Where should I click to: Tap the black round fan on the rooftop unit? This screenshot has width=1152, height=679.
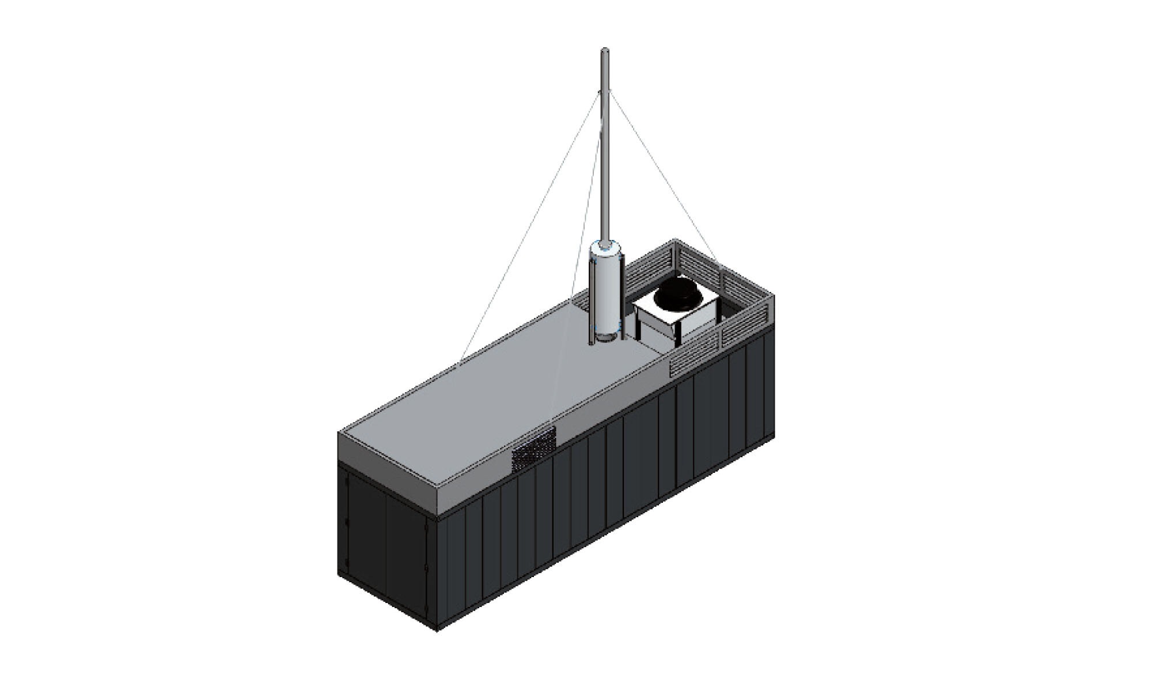click(680, 294)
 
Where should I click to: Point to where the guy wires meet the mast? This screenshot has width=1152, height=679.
click(605, 92)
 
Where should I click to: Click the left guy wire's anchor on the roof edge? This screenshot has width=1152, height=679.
click(461, 360)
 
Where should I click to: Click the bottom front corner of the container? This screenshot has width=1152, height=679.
click(437, 629)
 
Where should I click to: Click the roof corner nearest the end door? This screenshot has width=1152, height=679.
click(339, 433)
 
